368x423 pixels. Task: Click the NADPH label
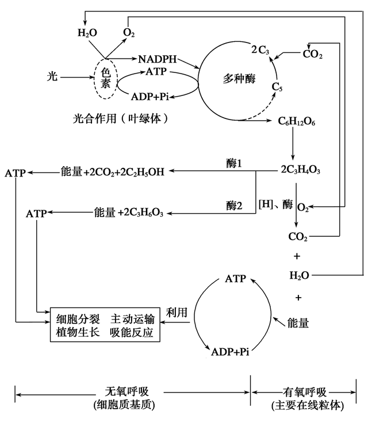point(158,59)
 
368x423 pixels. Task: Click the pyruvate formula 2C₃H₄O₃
point(300,171)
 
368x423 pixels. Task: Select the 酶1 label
point(235,164)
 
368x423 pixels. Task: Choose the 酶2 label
point(235,205)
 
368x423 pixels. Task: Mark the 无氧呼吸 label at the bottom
point(124,393)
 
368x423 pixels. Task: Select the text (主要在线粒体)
point(308,406)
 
